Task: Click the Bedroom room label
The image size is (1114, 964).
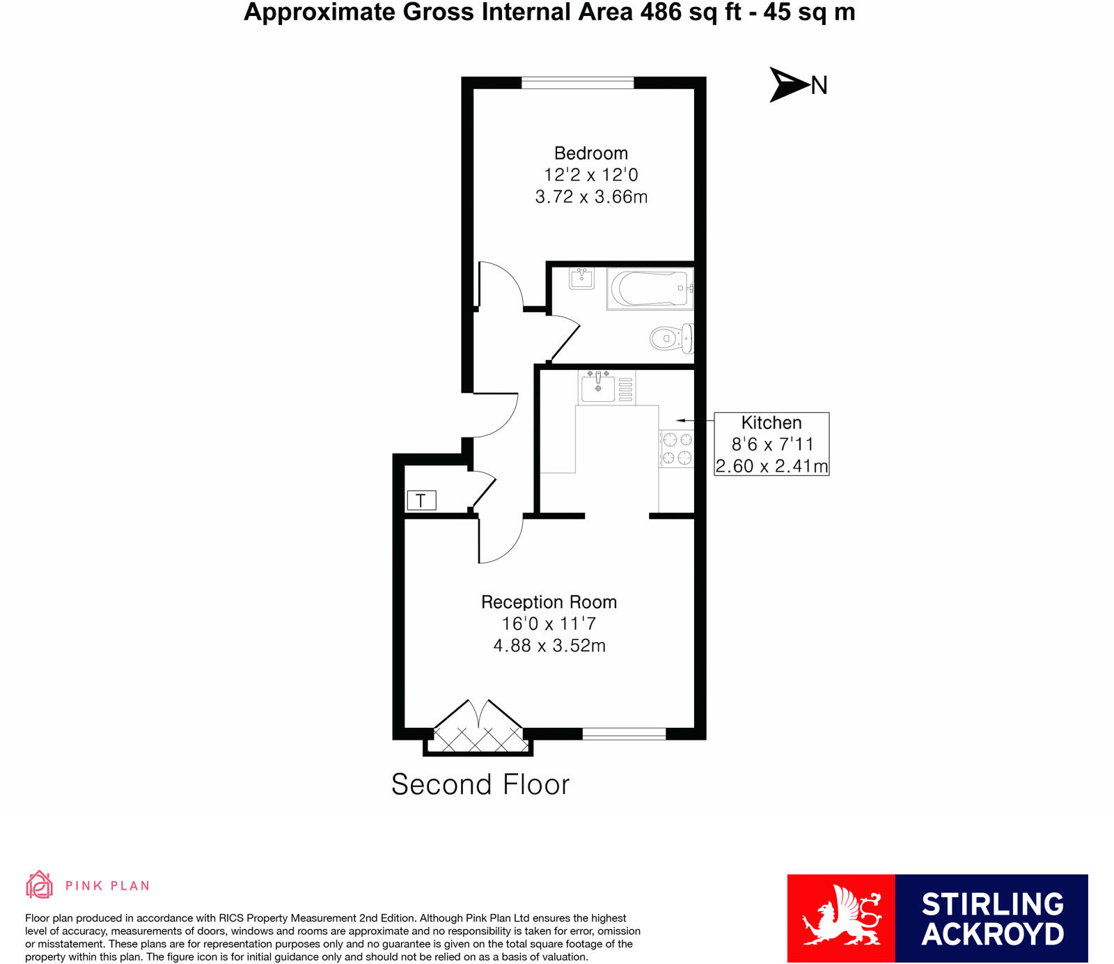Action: pos(590,153)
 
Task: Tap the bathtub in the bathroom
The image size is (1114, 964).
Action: pos(649,288)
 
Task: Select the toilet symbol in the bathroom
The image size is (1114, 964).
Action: pos(671,339)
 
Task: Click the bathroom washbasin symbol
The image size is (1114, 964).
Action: pos(581,279)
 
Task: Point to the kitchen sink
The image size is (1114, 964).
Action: pos(598,388)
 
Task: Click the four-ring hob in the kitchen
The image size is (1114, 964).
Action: pos(677,449)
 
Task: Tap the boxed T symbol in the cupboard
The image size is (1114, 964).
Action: pos(421,500)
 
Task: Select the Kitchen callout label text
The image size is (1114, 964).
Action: pos(771,423)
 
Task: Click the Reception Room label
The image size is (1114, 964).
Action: pos(549,602)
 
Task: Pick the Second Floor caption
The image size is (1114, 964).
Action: pos(480,785)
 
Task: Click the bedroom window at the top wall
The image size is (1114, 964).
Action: pos(577,83)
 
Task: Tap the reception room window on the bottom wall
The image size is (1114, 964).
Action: pos(624,733)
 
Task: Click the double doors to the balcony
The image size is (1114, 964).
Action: pos(478,729)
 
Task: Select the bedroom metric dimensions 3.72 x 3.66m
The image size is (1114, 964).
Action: pos(591,197)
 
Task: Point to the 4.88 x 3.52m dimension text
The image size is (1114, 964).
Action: pos(549,646)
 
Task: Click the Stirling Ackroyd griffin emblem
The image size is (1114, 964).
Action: pos(841,917)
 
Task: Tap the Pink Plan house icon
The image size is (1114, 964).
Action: pos(39,885)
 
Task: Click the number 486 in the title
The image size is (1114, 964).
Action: pos(661,13)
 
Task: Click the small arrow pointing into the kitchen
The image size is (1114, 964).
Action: pos(682,421)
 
